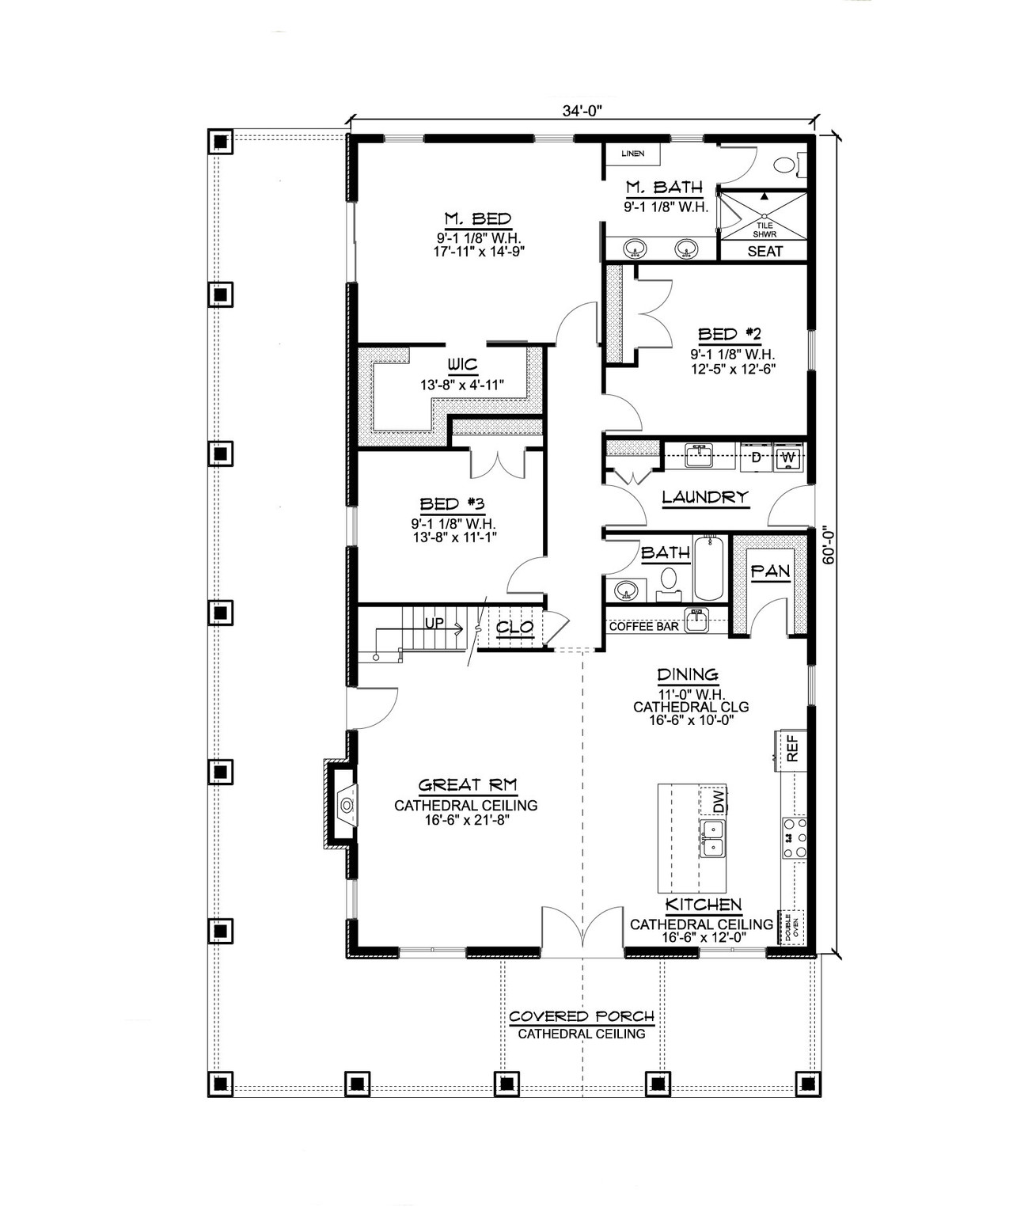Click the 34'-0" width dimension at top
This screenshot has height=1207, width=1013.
(x=582, y=112)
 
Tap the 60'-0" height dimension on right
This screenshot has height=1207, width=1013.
(x=829, y=545)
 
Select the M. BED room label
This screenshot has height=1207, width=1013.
(x=476, y=218)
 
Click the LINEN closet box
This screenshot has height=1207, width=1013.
(x=632, y=154)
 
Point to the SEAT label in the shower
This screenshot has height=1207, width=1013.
(x=764, y=251)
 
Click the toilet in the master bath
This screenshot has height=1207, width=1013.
(x=783, y=165)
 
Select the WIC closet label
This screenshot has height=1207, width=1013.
(x=462, y=365)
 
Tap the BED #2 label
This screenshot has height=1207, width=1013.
(x=729, y=334)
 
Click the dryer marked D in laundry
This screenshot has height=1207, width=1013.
(x=756, y=457)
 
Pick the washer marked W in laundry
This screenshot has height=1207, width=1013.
(x=788, y=457)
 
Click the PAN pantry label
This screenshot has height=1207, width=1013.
(x=770, y=571)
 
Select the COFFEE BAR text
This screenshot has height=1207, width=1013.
(x=643, y=626)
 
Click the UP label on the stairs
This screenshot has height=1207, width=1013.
(x=434, y=623)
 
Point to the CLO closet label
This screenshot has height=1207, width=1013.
(x=515, y=628)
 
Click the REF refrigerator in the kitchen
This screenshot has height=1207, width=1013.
(x=792, y=749)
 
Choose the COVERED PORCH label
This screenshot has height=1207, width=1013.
(x=582, y=1016)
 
